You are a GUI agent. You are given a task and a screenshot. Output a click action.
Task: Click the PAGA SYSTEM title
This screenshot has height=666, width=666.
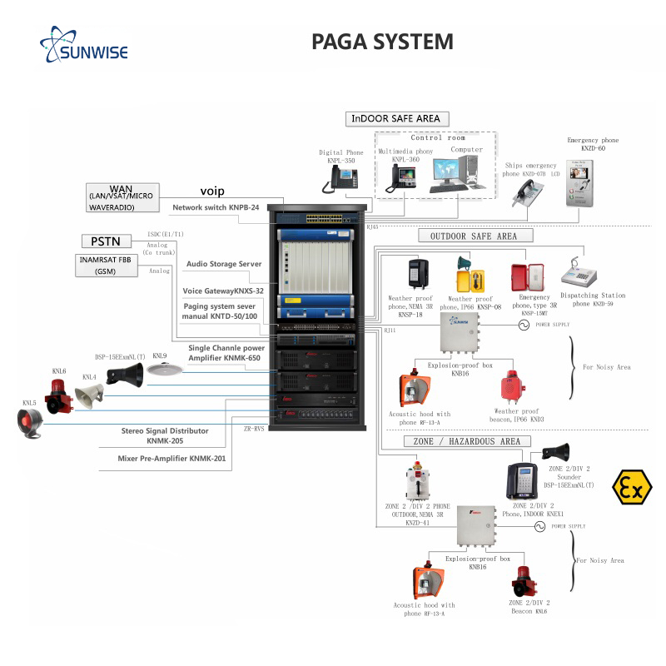(x=382, y=42)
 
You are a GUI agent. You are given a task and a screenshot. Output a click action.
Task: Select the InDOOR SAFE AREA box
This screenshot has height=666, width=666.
(x=395, y=118)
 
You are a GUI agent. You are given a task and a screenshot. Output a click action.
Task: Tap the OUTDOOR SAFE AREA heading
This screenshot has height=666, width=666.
(x=473, y=236)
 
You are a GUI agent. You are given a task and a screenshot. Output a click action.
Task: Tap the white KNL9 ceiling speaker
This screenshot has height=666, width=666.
(x=158, y=370)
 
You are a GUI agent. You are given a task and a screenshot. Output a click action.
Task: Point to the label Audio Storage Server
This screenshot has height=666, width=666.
(x=223, y=264)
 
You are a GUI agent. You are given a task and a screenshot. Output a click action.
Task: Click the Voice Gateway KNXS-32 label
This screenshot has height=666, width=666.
(x=223, y=291)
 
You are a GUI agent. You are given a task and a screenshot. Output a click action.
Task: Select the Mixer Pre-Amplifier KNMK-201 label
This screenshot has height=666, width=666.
(x=171, y=458)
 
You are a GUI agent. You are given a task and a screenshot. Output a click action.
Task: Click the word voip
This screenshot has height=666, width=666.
(x=212, y=191)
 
